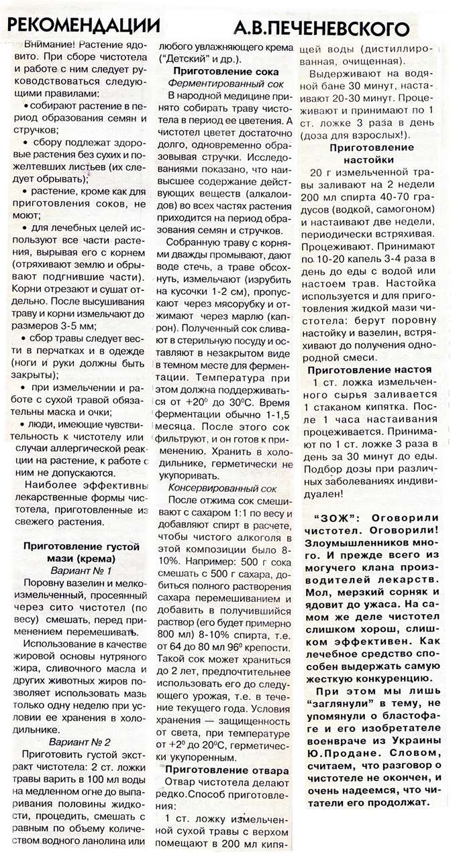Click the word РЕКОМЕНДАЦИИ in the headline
84,25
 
